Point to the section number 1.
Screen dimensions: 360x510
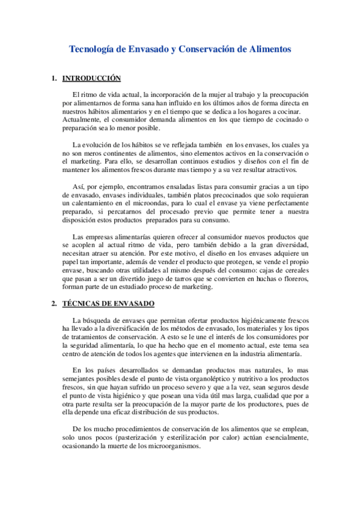[54, 78]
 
